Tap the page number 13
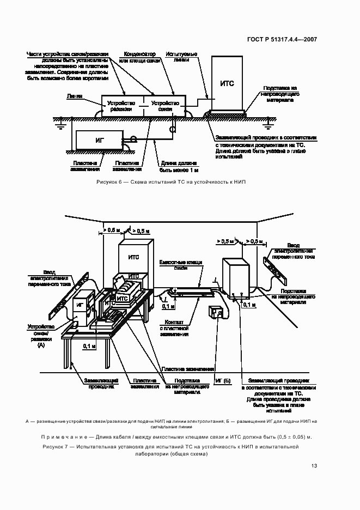(314, 465)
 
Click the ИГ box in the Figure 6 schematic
(99, 140)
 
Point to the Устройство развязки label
(120, 106)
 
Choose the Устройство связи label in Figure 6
(165, 106)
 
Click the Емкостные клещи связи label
(180, 265)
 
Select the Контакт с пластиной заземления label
(174, 328)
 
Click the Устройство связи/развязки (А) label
(41, 336)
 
